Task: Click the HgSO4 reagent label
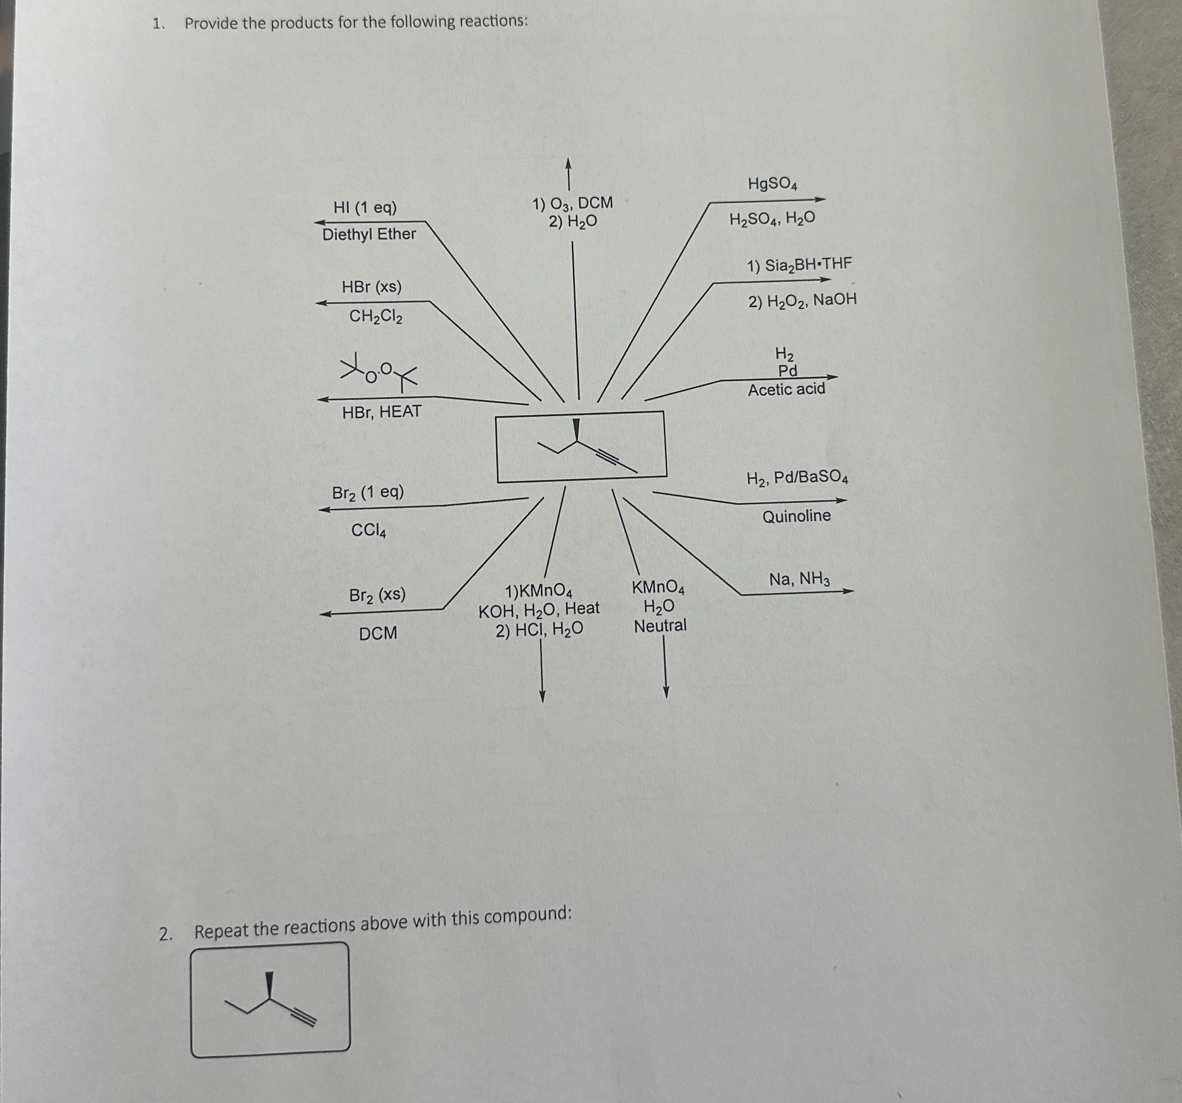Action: pyautogui.click(x=772, y=184)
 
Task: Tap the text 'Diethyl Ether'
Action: pyautogui.click(x=369, y=234)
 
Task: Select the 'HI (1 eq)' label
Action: pyautogui.click(x=365, y=208)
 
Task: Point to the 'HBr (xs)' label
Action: pyautogui.click(x=372, y=287)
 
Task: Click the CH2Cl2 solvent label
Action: pyautogui.click(x=376, y=316)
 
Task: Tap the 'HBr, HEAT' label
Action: pyautogui.click(x=382, y=411)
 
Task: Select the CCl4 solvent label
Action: pyautogui.click(x=369, y=531)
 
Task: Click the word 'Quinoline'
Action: pyautogui.click(x=797, y=516)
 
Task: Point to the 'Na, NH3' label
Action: pyautogui.click(x=800, y=579)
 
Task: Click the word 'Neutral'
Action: pyautogui.click(x=660, y=626)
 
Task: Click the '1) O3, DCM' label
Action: pyautogui.click(x=573, y=203)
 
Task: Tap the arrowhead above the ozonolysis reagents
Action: pyautogui.click(x=568, y=163)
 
